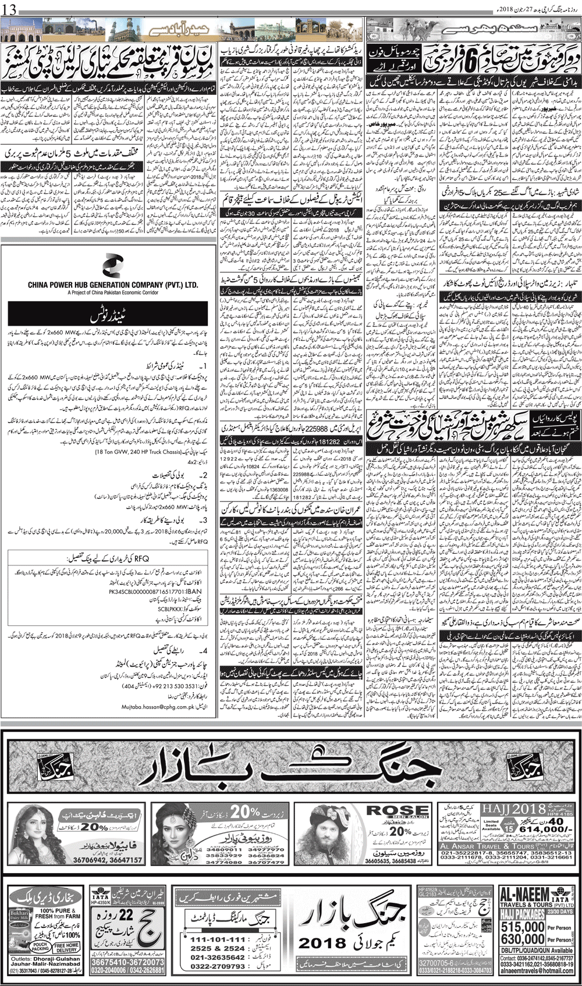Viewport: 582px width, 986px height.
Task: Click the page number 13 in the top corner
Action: click(10, 8)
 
